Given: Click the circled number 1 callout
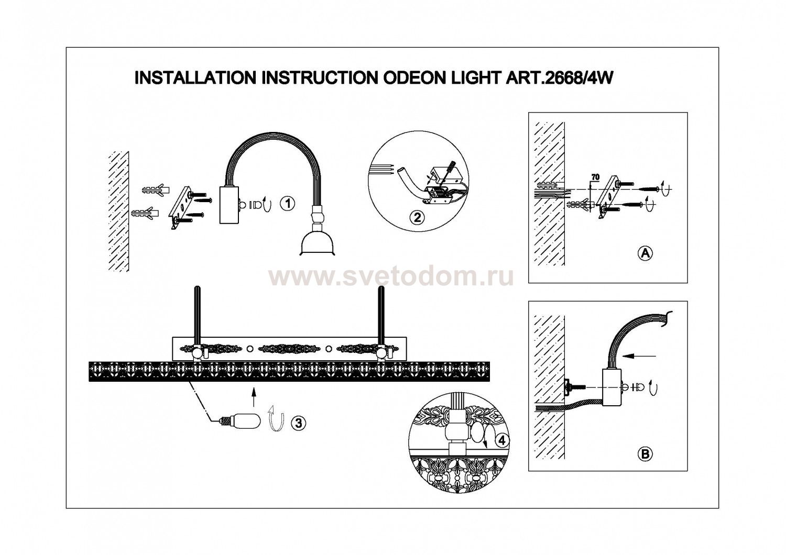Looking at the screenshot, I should point(287,204).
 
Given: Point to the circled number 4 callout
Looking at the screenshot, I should point(502,440).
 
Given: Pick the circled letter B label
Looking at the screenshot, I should point(645,454).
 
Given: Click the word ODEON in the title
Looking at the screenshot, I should point(406,78).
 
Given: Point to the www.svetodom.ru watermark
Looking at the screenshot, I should point(391,276).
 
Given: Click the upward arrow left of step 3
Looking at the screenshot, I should point(253,396).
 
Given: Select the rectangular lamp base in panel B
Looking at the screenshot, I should point(611,387).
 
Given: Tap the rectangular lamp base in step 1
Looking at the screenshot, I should point(230,205).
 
